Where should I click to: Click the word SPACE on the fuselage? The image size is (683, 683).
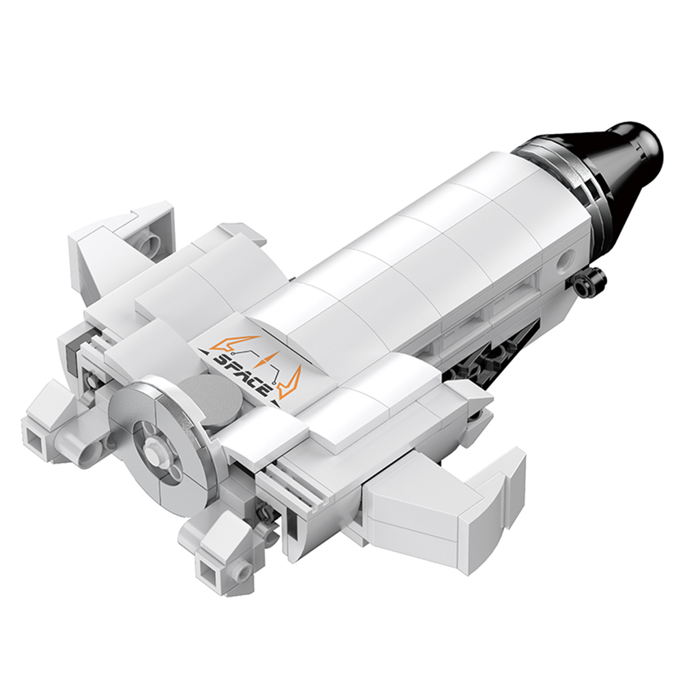click(242, 371)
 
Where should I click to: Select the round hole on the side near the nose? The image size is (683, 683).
click(566, 260)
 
